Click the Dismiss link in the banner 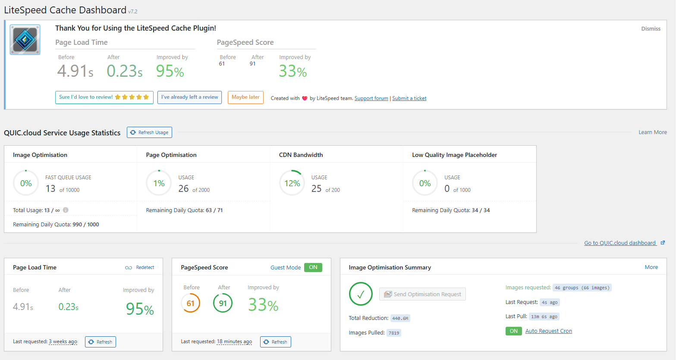651,29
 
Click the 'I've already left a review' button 189,97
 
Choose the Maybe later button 245,97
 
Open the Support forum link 371,98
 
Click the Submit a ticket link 409,98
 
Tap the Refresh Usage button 149,132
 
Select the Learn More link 652,132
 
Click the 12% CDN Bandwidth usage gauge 292,183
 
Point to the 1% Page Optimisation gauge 159,183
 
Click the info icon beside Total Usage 66,210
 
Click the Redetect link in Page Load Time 145,268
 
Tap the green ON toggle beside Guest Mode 313,267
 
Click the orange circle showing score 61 190,303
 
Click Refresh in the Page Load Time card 101,342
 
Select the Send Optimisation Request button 422,294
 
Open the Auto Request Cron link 548,331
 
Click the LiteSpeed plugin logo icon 25,40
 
